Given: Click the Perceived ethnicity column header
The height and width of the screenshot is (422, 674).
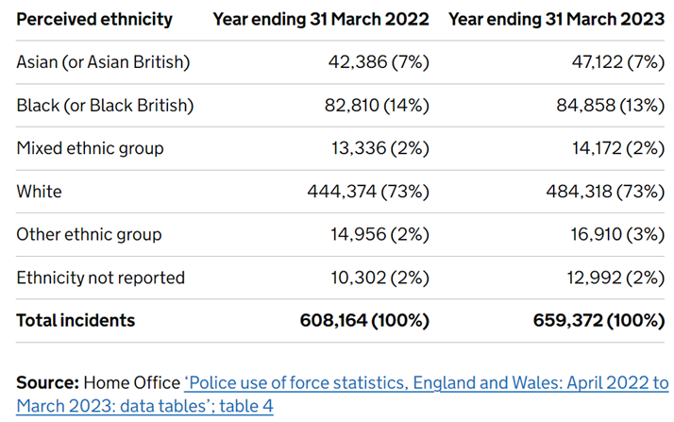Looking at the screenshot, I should click(x=94, y=19).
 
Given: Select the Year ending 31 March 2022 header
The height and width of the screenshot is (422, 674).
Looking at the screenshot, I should click(x=321, y=19).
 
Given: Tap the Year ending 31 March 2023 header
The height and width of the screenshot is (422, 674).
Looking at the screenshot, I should click(x=556, y=19).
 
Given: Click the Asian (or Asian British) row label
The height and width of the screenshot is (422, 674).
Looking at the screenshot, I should click(x=104, y=62).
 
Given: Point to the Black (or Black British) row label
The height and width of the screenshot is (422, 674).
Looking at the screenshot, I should click(x=105, y=105).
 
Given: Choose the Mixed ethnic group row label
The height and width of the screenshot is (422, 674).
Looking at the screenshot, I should click(x=90, y=148).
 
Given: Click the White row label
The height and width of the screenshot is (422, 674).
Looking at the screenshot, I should click(x=39, y=191).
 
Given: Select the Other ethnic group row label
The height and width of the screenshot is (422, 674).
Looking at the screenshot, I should click(x=89, y=234).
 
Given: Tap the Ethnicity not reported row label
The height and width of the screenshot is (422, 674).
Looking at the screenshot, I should click(x=100, y=278).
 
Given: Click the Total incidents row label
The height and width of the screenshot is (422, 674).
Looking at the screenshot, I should click(x=76, y=320).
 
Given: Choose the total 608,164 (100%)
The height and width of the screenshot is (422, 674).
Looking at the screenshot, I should click(x=363, y=320).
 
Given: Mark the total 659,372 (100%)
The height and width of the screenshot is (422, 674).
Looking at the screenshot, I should click(x=598, y=320).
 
